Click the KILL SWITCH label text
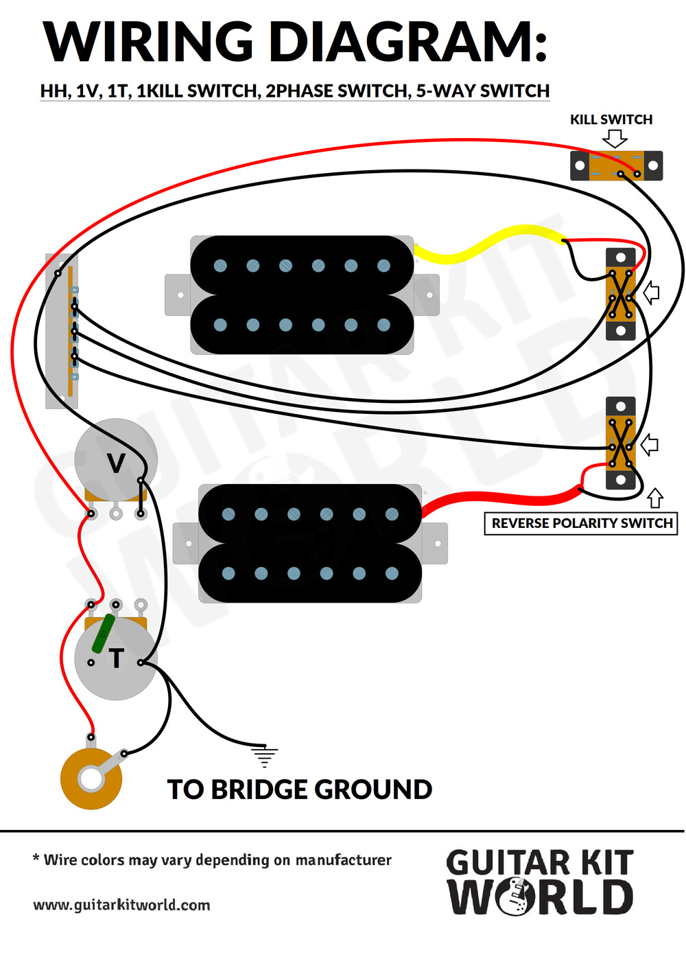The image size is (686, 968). coord(611,119)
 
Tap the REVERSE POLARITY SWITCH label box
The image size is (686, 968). coord(580,523)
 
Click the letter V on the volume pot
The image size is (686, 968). coord(116,463)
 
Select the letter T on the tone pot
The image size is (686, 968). coord(116,658)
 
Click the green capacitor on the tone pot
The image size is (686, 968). coord(103,634)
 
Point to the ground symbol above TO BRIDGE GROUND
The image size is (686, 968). coord(264,755)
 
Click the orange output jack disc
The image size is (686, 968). coord(91,779)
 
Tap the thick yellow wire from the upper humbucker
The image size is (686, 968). coord(490,244)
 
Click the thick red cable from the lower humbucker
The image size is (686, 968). coord(501,498)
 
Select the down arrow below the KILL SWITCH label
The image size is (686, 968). coord(615,139)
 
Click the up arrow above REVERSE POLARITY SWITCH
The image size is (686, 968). coord(655,498)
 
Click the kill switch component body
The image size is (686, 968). coord(616,165)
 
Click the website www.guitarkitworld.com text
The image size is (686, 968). coord(121,904)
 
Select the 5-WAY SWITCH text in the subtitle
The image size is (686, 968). coord(483,91)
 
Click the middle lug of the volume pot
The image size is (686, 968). coord(116,514)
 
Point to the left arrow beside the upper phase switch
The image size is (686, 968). coord(652,293)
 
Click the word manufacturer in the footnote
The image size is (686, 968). coord(343,860)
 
